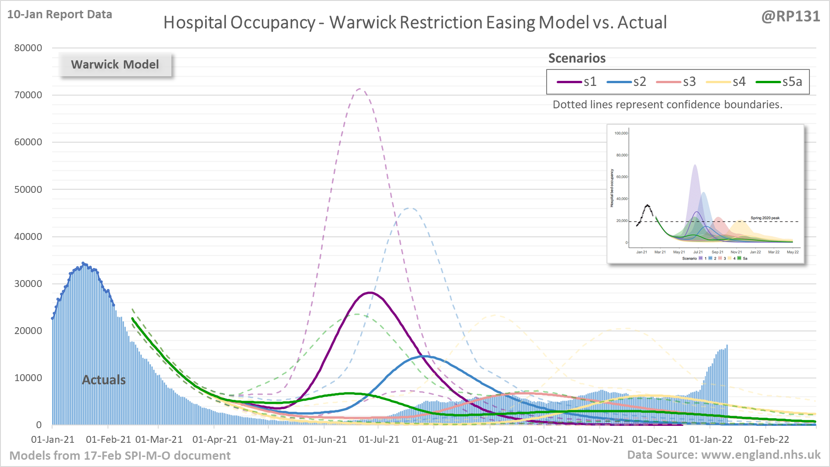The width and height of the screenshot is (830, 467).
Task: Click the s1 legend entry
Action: click(577, 82)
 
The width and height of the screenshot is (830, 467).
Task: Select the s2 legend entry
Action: click(627, 82)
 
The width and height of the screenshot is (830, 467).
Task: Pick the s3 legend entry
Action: click(676, 82)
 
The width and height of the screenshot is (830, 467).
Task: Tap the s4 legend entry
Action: click(726, 82)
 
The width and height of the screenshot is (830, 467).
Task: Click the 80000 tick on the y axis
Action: click(28, 48)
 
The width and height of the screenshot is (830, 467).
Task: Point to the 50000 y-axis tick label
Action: click(28, 190)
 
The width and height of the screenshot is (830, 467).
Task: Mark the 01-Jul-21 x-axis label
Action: click(379, 440)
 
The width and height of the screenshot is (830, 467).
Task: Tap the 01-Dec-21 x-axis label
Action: click(654, 440)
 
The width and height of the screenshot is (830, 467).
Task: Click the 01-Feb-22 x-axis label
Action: click(766, 440)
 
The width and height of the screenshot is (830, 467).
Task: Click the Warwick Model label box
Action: click(115, 64)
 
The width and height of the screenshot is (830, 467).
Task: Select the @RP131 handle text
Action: click(791, 16)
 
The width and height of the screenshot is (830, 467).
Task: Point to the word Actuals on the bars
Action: click(104, 380)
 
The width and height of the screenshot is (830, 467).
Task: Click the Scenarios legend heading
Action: click(577, 58)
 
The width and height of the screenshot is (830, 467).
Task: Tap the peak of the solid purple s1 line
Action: click(369, 292)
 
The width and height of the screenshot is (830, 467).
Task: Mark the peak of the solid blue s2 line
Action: click(425, 356)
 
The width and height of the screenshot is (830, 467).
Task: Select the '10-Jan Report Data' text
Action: click(60, 15)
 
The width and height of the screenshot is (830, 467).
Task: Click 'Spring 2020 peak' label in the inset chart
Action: click(765, 218)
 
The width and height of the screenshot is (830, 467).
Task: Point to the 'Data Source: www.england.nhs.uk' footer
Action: click(724, 455)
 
